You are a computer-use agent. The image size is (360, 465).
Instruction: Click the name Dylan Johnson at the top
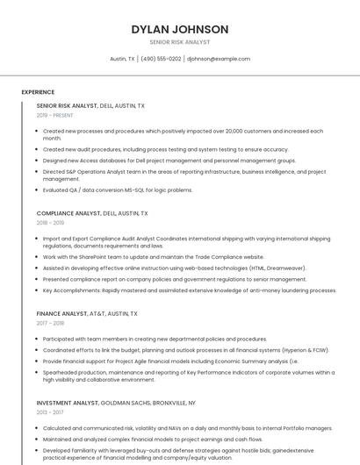coord(180,30)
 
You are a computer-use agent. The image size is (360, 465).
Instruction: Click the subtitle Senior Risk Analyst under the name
coord(180,42)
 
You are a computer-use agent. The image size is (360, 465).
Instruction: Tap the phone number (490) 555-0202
coord(161,59)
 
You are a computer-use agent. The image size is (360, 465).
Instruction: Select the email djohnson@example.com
coord(219,59)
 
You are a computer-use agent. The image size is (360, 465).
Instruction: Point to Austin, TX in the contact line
coord(122,59)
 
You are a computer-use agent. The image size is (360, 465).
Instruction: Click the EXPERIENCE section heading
coord(38,92)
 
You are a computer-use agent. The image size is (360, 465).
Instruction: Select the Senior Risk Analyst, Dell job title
coord(90,105)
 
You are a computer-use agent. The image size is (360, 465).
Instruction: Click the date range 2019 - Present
coord(54,115)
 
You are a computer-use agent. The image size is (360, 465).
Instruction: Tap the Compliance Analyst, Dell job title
coord(92,213)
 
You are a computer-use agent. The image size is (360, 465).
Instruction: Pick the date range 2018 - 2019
coord(51,223)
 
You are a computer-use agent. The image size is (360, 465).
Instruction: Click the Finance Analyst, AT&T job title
coord(86,313)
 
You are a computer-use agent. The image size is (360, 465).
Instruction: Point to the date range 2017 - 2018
coord(51,323)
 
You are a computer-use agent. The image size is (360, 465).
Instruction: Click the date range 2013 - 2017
coord(51,411)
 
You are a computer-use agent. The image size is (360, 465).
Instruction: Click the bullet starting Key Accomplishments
coord(189,290)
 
